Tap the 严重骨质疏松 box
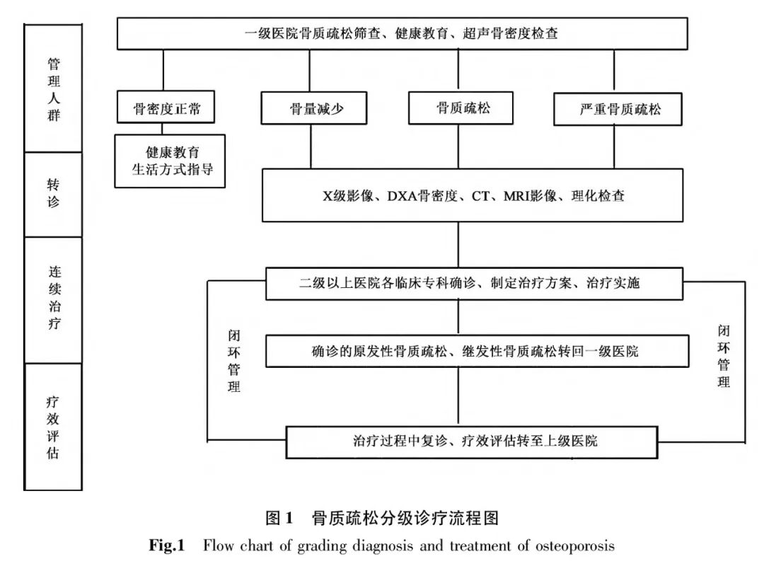620,110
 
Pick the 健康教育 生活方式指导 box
170,161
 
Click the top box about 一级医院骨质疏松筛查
402,33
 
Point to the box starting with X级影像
472,196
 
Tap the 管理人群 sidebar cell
54,89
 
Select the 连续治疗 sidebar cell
54,299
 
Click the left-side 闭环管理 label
234,360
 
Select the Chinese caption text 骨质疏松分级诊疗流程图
405,519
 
